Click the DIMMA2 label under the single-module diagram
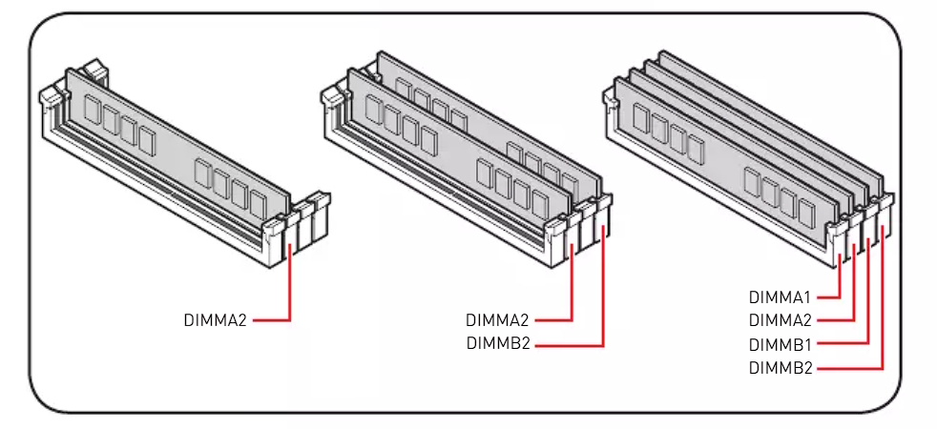click(215, 320)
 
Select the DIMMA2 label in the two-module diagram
click(497, 320)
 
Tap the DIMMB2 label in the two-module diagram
click(497, 344)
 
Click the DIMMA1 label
click(780, 297)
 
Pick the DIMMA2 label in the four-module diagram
click(780, 320)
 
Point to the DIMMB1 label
click(780, 343)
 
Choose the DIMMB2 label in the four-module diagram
click(780, 367)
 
